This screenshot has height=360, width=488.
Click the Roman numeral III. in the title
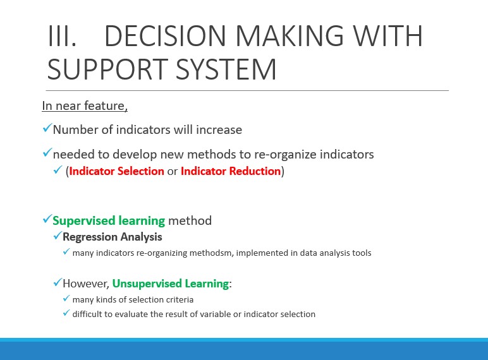pyautogui.click(x=62, y=36)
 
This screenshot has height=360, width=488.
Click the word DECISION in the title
pyautogui.click(x=164, y=36)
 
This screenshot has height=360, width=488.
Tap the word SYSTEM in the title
pyautogui.click(x=226, y=69)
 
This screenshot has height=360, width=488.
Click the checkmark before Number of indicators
pyautogui.click(x=47, y=128)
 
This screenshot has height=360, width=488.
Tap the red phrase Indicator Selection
pyautogui.click(x=116, y=171)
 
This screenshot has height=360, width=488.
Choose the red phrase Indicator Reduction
pyautogui.click(x=231, y=171)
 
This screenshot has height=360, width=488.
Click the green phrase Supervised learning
pyautogui.click(x=109, y=220)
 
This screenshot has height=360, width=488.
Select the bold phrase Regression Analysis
pyautogui.click(x=113, y=237)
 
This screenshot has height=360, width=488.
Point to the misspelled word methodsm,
pyautogui.click(x=211, y=253)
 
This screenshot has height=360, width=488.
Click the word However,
pyautogui.click(x=86, y=284)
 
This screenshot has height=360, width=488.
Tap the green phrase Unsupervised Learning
pyautogui.click(x=171, y=284)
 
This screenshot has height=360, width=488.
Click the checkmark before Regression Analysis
pyautogui.click(x=58, y=236)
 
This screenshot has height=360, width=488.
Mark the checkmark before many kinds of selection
pyautogui.click(x=66, y=299)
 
